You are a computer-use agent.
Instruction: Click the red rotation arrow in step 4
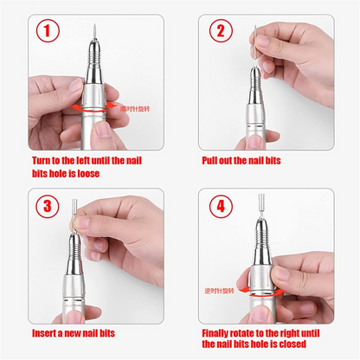pyautogui.click(x=260, y=292)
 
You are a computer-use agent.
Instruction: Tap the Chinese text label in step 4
pyautogui.click(x=221, y=291)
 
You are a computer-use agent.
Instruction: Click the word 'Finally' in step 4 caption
pyautogui.click(x=220, y=333)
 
